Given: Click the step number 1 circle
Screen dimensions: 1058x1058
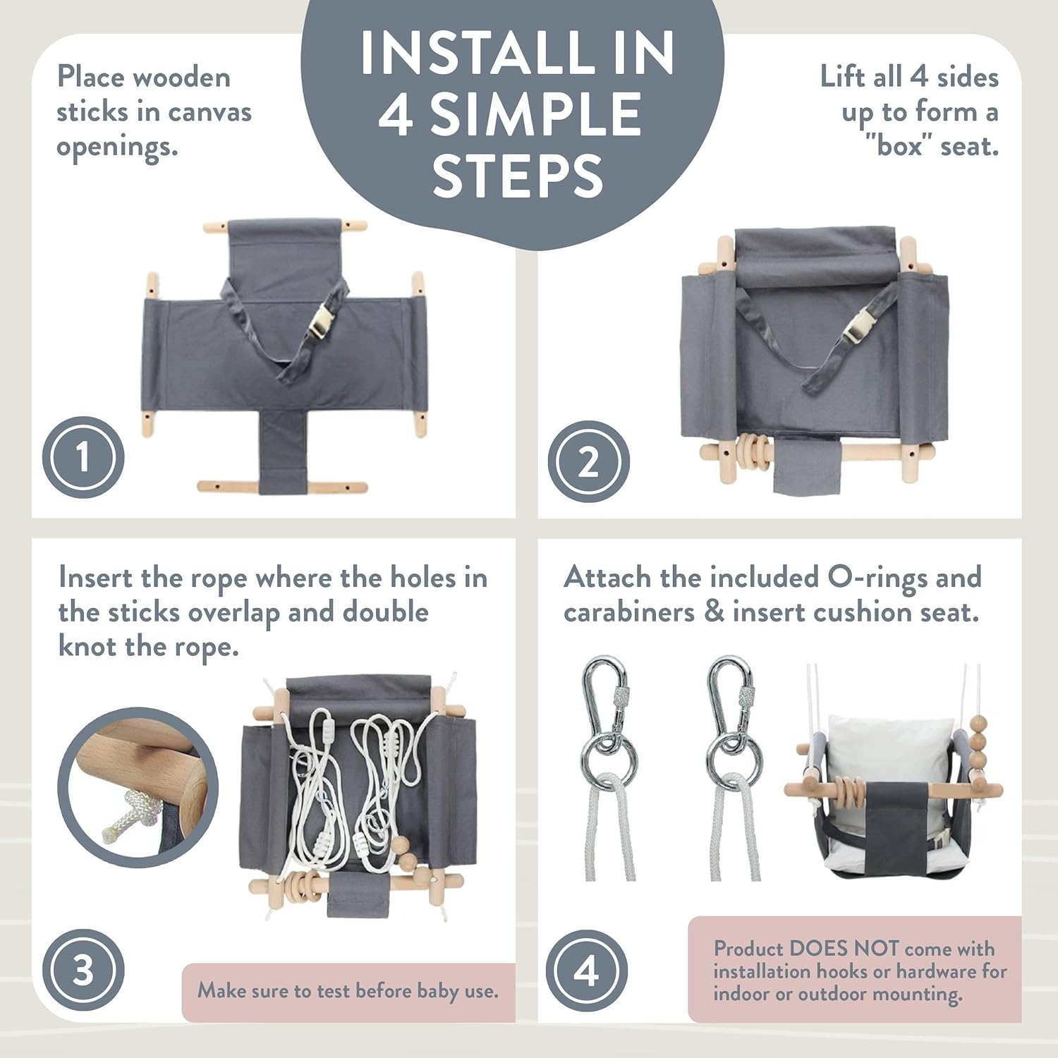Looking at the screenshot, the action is tap(83, 457).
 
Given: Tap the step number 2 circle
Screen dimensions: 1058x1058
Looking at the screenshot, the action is tap(588, 462).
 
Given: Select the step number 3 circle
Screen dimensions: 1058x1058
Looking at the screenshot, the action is tap(83, 970).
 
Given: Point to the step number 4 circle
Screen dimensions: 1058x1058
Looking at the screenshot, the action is tap(587, 971).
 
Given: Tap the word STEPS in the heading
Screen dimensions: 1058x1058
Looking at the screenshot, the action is tap(518, 176).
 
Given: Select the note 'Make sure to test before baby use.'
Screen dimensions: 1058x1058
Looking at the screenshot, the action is tap(348, 991).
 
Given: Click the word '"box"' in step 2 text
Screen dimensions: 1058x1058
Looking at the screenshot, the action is tap(898, 147).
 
